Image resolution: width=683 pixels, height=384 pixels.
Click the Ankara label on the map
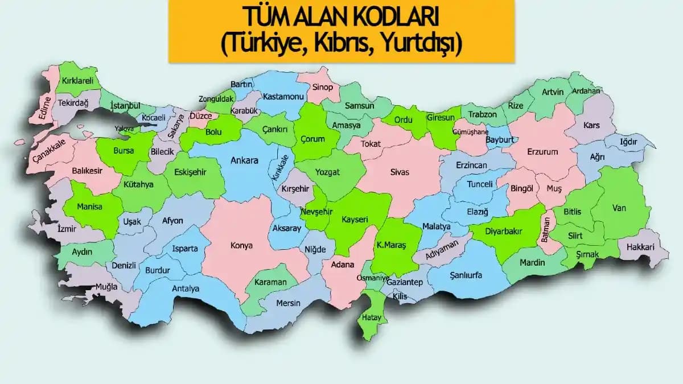tap(244, 160)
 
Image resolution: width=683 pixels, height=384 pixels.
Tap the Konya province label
tap(241, 246)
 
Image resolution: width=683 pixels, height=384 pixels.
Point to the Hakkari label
tap(640, 247)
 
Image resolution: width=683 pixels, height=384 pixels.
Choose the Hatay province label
tap(372, 317)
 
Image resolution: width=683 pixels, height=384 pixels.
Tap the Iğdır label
tap(629, 142)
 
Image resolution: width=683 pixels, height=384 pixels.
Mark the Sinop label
tap(322, 87)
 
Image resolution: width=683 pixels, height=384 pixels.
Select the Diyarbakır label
tap(503, 231)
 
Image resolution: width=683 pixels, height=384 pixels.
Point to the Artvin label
tap(552, 92)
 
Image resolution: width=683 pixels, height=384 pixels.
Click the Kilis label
tap(400, 296)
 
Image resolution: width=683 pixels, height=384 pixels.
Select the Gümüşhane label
tap(470, 132)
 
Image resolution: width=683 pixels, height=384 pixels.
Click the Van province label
tap(619, 208)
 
